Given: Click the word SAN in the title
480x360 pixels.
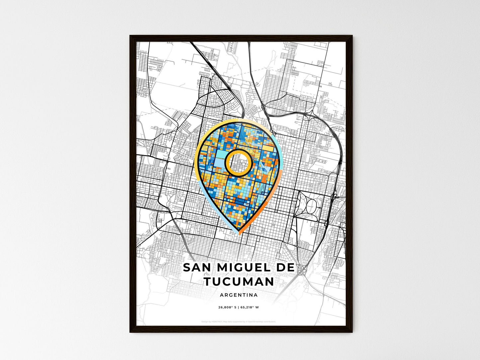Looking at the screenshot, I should coord(196,267).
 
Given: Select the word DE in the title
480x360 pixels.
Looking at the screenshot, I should coord(285,267).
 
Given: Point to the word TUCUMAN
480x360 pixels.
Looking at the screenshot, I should coord(239,282).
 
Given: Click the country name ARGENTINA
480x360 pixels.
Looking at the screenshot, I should coord(239,295).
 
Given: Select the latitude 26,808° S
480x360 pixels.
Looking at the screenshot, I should coord(227,307).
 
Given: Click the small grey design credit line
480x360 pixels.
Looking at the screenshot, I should coord(239,321).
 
